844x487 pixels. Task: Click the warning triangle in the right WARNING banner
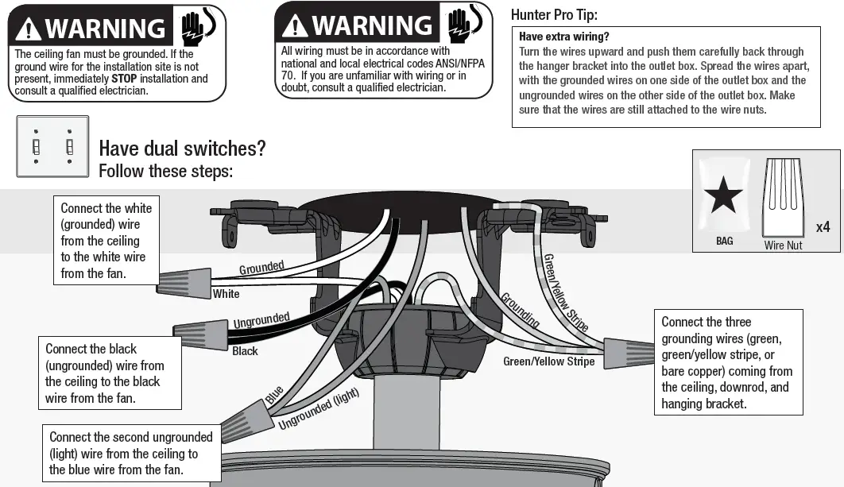(x=295, y=25)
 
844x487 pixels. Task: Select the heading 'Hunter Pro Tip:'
(x=554, y=14)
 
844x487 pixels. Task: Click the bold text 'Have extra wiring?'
(x=564, y=37)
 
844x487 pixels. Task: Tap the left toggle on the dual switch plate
(x=36, y=147)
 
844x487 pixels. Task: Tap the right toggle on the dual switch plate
(x=70, y=147)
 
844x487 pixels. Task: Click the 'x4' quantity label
(x=823, y=227)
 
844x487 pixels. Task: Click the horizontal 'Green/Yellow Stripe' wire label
(x=548, y=361)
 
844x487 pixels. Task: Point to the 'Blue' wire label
(x=274, y=394)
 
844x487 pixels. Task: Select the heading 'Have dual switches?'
(x=182, y=149)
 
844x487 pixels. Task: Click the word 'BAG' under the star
(x=724, y=241)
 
